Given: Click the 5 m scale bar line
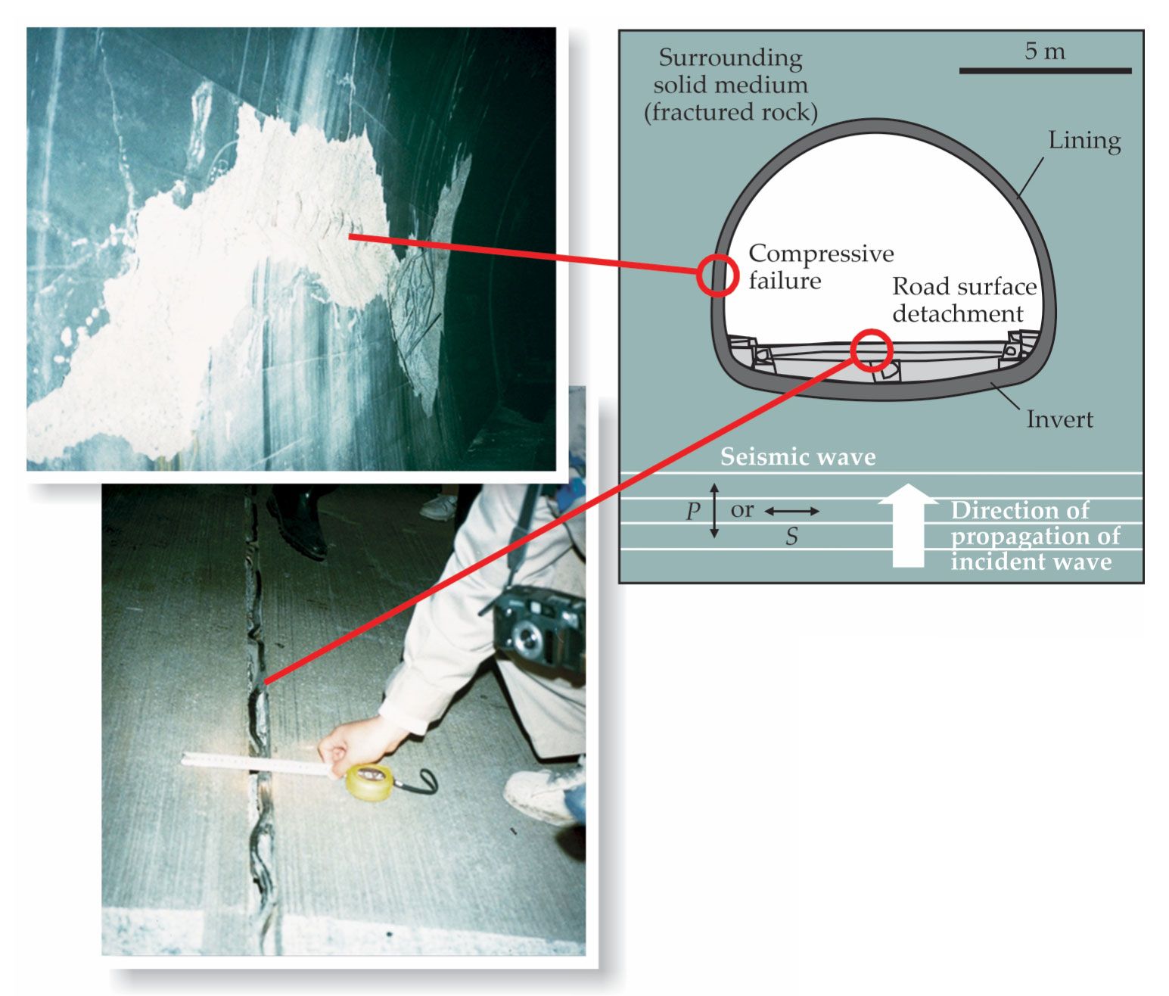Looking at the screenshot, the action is (x=1045, y=70).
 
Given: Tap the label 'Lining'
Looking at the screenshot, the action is (x=1084, y=141).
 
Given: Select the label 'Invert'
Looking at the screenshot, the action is (x=1059, y=419).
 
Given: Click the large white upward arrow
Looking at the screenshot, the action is (x=908, y=524).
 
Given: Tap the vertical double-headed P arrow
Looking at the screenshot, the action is (x=714, y=511).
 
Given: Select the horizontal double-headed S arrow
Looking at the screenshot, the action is (x=791, y=512).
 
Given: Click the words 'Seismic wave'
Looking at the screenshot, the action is (x=798, y=456).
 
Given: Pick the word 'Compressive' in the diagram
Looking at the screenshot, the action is (x=821, y=254).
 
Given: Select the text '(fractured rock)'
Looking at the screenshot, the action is (x=731, y=113).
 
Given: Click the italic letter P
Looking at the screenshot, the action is (x=693, y=511).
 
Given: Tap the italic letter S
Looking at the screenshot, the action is (x=791, y=536).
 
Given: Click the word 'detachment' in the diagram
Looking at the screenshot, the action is (x=958, y=313).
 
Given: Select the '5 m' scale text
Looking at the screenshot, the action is (x=1045, y=51).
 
